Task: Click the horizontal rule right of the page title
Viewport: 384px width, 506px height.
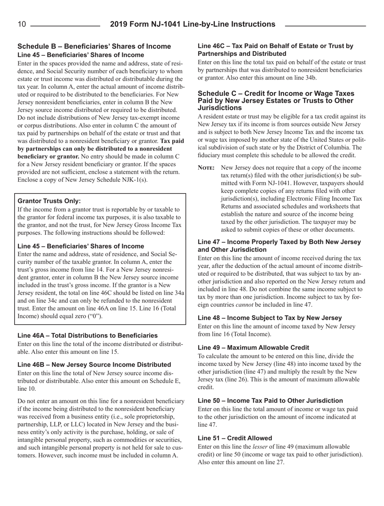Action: point(325,25)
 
